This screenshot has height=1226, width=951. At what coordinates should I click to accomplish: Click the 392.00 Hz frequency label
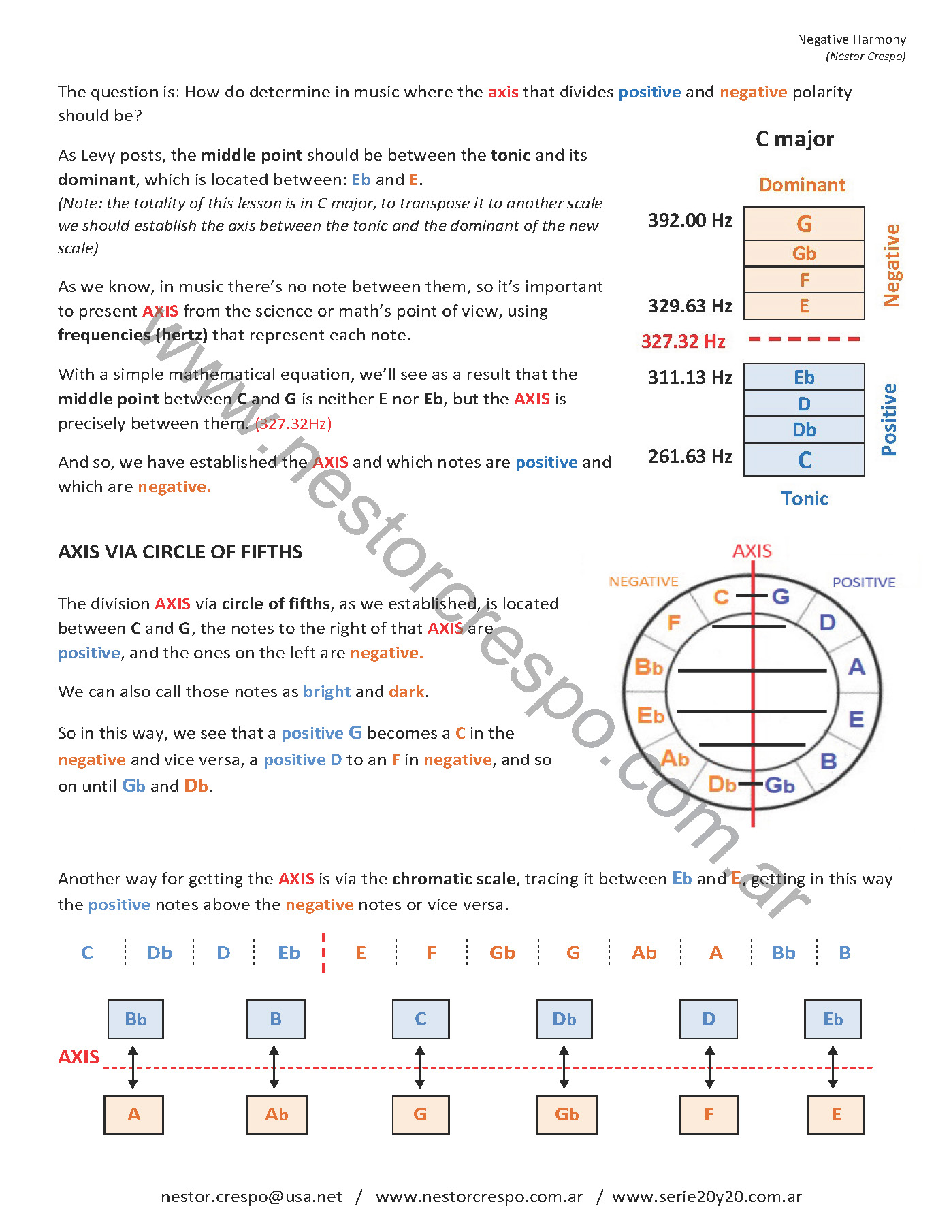pos(690,221)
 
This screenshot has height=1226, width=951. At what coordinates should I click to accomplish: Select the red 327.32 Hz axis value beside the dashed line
pos(683,341)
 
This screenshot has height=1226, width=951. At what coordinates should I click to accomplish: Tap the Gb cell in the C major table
pos(804,253)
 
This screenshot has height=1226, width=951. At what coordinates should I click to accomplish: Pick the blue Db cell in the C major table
pos(804,430)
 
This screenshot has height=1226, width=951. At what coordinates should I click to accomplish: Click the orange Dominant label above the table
pos(802,185)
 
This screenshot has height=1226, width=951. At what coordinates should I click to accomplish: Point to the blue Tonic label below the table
pos(805,499)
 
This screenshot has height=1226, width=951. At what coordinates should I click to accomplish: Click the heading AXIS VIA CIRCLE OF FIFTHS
pos(180,552)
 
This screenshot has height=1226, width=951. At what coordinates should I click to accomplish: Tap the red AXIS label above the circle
pos(752,551)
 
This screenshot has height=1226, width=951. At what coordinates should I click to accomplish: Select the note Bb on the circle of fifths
pos(648,667)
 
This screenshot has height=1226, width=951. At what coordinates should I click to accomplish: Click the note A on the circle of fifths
pos(856,667)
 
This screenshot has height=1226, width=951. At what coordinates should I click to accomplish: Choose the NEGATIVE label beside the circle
pos(643,581)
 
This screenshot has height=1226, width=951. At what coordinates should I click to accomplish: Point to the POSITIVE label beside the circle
pos(864,582)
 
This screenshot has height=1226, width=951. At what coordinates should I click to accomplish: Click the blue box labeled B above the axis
pos(275,1019)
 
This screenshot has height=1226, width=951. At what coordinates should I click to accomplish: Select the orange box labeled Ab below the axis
pos(276,1115)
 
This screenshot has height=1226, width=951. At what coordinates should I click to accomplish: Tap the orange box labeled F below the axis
pos(709,1115)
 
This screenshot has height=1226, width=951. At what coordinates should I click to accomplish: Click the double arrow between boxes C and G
pos(420,1067)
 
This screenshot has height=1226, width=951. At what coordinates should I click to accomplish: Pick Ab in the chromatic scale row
pos(644,953)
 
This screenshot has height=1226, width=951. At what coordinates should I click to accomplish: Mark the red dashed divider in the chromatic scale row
pos(323,952)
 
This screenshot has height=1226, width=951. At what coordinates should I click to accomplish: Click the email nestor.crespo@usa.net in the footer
pos(251,1197)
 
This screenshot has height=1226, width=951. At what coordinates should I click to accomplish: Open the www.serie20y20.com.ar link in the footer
pos(707,1197)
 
